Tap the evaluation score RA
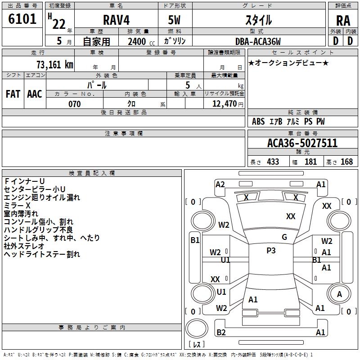[x=343, y=20]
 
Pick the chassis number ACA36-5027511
[x=302, y=143]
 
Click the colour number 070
[x=75, y=104]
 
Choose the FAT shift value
[x=13, y=94]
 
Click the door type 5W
[x=175, y=20]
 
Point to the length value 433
[x=273, y=162]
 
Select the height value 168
[x=346, y=162]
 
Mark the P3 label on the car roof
[x=271, y=251]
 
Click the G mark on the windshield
[x=284, y=237]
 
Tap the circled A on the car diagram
[x=340, y=294]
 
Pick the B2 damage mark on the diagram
[x=221, y=332]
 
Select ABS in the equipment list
[x=258, y=121]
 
